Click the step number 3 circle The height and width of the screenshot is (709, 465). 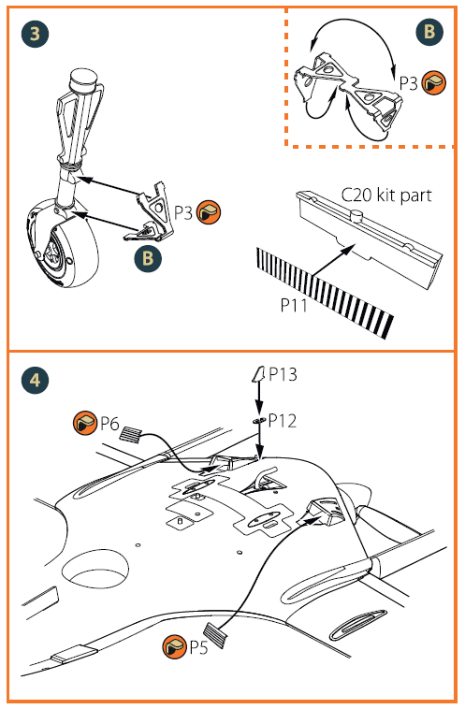point(35,34)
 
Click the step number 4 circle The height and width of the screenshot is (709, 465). point(35,381)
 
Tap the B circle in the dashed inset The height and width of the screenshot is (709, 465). point(429,32)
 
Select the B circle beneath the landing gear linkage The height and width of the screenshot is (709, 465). point(148,258)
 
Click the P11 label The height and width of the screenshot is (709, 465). point(294,305)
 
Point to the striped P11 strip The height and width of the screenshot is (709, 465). point(325,293)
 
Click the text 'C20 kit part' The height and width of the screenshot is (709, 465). point(385,195)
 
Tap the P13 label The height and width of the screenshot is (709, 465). point(283,374)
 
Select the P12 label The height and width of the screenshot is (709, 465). point(283,421)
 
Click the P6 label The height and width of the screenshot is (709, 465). point(109,424)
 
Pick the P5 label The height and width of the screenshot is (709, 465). point(198,647)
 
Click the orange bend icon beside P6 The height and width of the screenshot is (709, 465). point(85,424)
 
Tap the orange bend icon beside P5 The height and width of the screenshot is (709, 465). point(174,646)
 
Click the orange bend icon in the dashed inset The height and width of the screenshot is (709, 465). point(434,82)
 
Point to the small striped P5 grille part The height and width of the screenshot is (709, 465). point(216,634)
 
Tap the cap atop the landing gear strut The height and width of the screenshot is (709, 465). point(84,81)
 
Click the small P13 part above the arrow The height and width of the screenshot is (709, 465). point(259,374)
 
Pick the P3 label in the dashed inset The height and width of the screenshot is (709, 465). point(408,83)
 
